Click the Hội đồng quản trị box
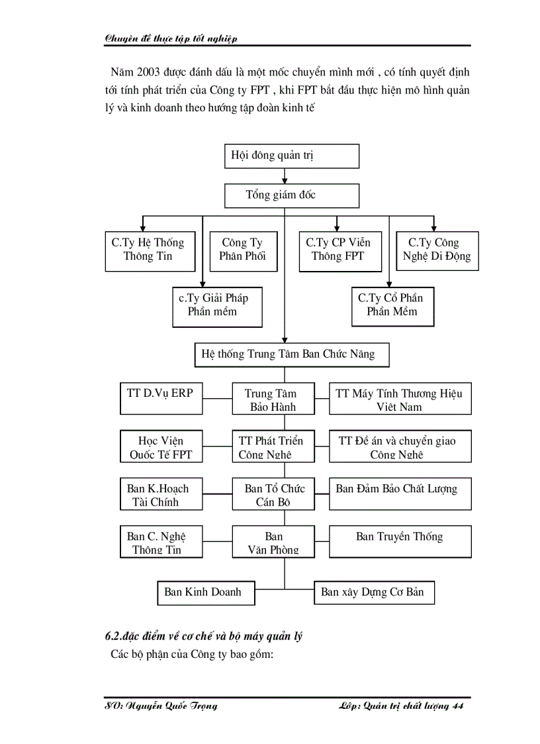[292, 156]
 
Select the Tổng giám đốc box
[292, 195]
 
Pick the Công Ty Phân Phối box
[242, 250]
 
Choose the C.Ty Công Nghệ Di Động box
[437, 250]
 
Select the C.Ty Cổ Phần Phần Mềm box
[392, 306]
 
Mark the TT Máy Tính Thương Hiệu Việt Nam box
[400, 399]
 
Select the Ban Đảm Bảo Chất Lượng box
[400, 494]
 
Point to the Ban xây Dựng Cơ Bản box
[373, 592]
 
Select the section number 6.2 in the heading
[113, 637]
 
